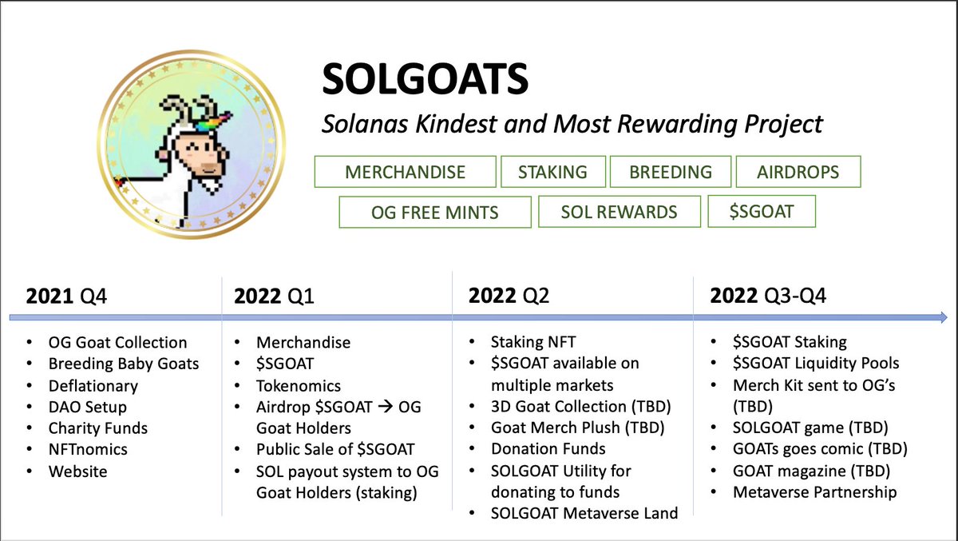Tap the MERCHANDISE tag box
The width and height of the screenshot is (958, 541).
pyautogui.click(x=405, y=172)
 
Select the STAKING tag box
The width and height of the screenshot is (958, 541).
pyautogui.click(x=552, y=172)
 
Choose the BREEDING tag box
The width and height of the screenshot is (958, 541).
pyautogui.click(x=671, y=172)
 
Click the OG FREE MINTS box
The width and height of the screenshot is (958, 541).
pyautogui.click(x=435, y=213)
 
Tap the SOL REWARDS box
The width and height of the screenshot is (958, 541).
pyautogui.click(x=620, y=213)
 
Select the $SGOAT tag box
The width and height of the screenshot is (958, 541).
pyautogui.click(x=762, y=211)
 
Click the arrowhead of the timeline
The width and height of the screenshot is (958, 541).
pyautogui.click(x=940, y=317)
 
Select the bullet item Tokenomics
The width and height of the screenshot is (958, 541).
pyautogui.click(x=299, y=385)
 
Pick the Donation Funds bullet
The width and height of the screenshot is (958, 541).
pyautogui.click(x=548, y=449)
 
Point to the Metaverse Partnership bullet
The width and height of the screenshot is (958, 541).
pyautogui.click(x=815, y=492)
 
